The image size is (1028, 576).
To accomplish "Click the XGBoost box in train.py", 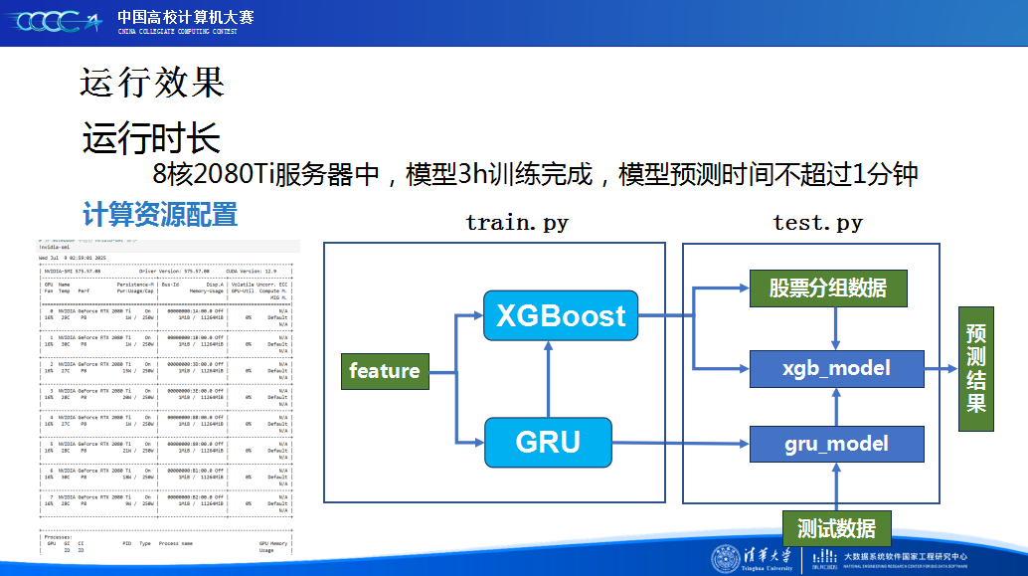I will (x=561, y=316).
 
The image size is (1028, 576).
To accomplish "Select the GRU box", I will (x=548, y=442).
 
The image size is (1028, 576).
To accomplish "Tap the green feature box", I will (x=385, y=371).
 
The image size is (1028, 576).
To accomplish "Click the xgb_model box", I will (x=836, y=369).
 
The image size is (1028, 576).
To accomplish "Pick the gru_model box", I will (x=836, y=444).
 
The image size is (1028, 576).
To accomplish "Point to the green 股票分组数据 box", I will (x=827, y=288).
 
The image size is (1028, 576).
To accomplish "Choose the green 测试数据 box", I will (x=836, y=528).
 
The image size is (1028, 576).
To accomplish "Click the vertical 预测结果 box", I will (x=976, y=368).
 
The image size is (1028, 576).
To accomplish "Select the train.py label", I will (x=517, y=223).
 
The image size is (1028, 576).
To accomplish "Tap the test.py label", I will (x=817, y=223).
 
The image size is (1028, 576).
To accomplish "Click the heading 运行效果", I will (x=152, y=83).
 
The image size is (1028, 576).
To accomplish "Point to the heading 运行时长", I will (x=151, y=138).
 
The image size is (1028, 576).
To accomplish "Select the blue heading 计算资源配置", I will (x=160, y=214).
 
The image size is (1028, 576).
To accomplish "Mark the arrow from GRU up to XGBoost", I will (x=548, y=378).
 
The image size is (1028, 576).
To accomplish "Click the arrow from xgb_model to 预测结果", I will (x=942, y=369).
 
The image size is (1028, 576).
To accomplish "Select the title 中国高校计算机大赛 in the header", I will (x=185, y=17).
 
